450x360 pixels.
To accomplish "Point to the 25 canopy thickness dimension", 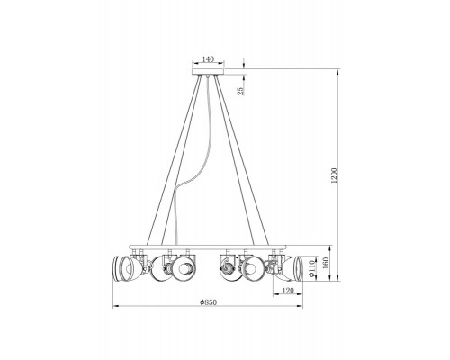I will coord(240,90).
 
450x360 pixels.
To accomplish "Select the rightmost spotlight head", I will coord(294,268).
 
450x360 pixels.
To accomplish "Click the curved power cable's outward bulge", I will coord(181,193).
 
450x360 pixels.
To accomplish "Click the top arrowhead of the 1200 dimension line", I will coord(338,73).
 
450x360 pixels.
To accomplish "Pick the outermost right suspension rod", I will coord(256,162).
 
